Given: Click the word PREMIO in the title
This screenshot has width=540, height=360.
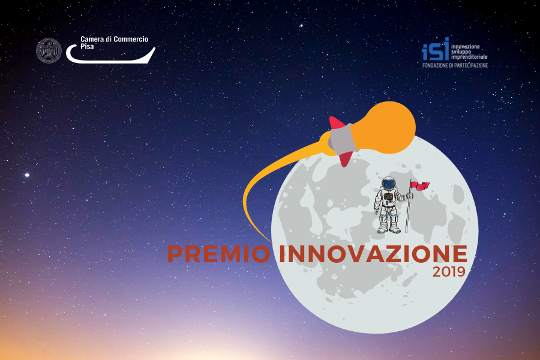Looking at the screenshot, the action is click(x=219, y=254).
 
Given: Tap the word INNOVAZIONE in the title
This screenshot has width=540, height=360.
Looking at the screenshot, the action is click(x=373, y=254).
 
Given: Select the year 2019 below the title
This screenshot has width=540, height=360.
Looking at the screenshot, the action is click(x=449, y=272).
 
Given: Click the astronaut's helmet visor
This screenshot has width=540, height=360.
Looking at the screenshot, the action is click(x=389, y=184).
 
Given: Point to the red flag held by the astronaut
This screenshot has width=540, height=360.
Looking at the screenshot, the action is click(x=419, y=185).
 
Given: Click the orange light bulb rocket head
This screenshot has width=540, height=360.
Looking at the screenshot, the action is click(x=386, y=127).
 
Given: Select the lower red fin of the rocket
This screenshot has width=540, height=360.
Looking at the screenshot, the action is click(x=346, y=159).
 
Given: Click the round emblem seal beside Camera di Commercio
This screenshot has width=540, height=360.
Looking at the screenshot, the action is click(x=49, y=50).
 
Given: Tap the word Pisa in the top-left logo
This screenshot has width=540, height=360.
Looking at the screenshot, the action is click(x=87, y=47).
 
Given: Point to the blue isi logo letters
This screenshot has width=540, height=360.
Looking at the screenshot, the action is click(x=436, y=50).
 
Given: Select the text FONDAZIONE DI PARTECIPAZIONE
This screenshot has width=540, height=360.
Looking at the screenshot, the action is click(x=455, y=65).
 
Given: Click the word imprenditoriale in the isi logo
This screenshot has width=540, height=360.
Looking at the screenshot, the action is click(x=469, y=57).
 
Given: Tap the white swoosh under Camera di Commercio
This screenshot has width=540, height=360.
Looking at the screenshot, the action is click(x=110, y=57).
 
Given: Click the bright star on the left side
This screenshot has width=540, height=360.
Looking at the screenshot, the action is click(x=27, y=175).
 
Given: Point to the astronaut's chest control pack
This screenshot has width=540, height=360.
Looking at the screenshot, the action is click(x=388, y=197).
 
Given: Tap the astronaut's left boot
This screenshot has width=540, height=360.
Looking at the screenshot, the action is click(x=395, y=230).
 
